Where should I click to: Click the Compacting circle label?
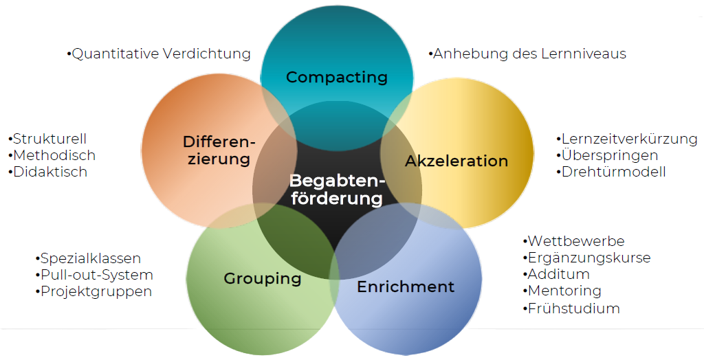[337, 77]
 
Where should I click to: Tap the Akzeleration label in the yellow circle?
[456, 161]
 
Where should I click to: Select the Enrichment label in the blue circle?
[406, 286]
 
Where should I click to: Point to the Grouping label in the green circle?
[263, 279]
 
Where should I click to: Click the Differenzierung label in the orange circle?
[218, 150]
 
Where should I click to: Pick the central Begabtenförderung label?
[336, 190]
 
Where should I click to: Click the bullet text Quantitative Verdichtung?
[161, 54]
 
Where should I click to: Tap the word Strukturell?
[49, 139]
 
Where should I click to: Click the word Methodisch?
[54, 156]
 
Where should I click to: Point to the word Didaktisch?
[50, 172]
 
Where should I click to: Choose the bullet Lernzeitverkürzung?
[629, 139]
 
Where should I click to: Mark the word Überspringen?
[610, 156]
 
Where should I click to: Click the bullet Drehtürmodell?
[613, 172]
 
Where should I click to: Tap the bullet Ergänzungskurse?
[588, 258]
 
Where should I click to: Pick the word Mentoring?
[564, 291]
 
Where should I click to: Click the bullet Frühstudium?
[573, 308]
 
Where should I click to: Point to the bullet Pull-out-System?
[96, 275]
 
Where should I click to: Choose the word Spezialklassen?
[91, 259]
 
